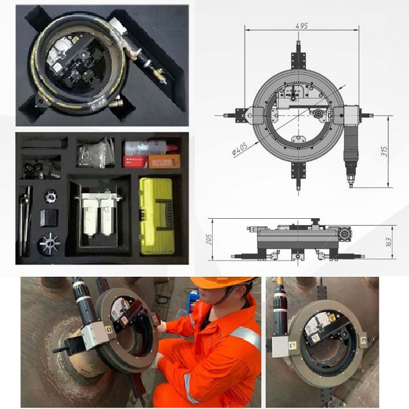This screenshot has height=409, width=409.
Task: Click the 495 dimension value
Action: (x=302, y=26)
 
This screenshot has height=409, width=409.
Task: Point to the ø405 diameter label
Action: (x=240, y=149)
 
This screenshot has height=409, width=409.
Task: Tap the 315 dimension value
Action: (x=384, y=151)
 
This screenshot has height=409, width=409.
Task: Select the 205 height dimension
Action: (x=209, y=239)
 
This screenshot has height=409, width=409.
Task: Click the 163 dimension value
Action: (x=389, y=242)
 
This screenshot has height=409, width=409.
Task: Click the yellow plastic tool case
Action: (x=157, y=216)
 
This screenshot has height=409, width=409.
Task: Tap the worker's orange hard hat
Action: (x=223, y=282)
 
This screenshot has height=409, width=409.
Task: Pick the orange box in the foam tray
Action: (x=164, y=161)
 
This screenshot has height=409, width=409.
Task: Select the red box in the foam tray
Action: (x=135, y=162)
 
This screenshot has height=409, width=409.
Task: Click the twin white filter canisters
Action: (x=99, y=215)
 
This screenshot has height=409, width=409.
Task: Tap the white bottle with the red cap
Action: (x=151, y=149)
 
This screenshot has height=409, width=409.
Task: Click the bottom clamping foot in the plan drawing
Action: (x=298, y=175)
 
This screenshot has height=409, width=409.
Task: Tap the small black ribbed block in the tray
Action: (x=50, y=218)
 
